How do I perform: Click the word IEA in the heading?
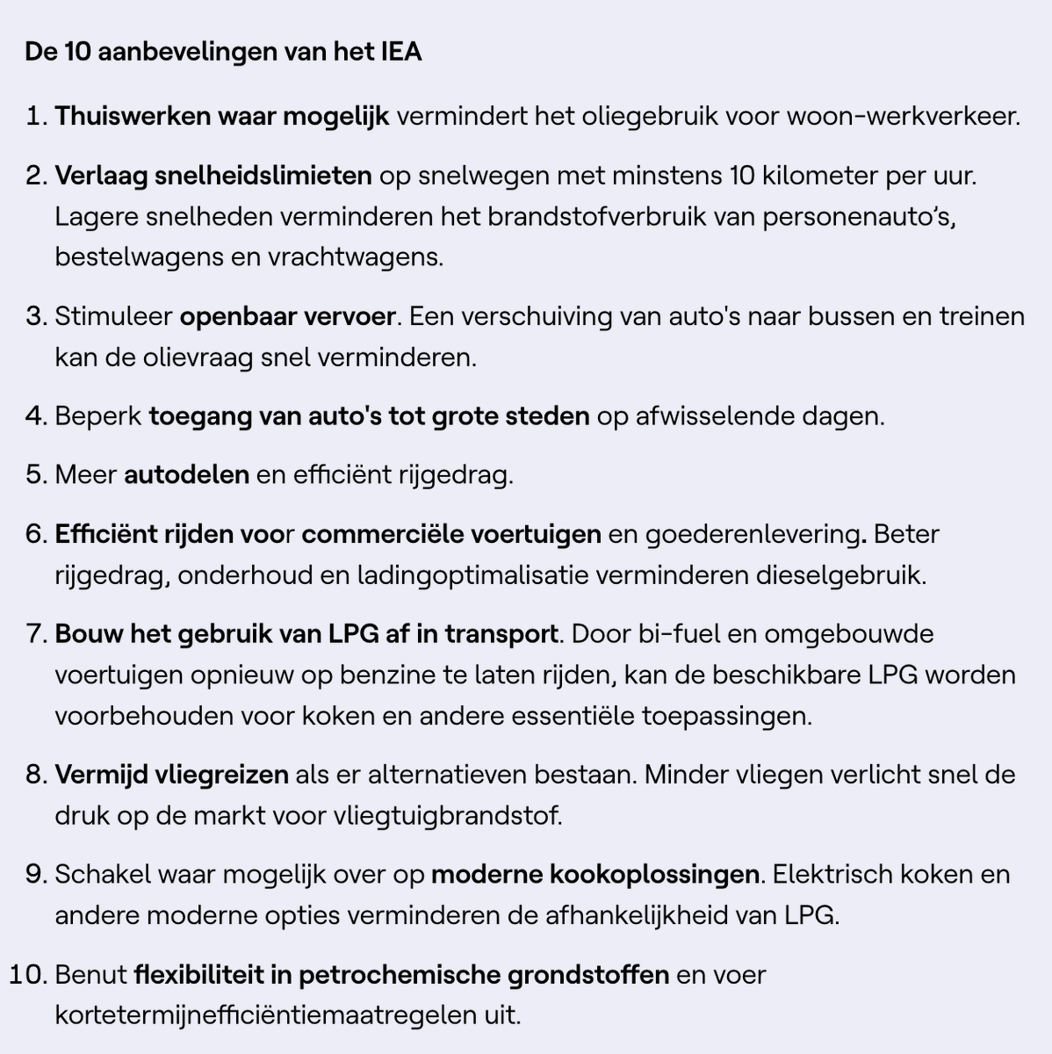(400, 52)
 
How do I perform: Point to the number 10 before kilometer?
(741, 175)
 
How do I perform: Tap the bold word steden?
(551, 415)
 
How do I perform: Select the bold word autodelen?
(186, 474)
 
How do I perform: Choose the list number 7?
(36, 633)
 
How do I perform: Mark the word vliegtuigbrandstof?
(447, 816)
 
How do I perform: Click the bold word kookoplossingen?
(654, 874)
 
